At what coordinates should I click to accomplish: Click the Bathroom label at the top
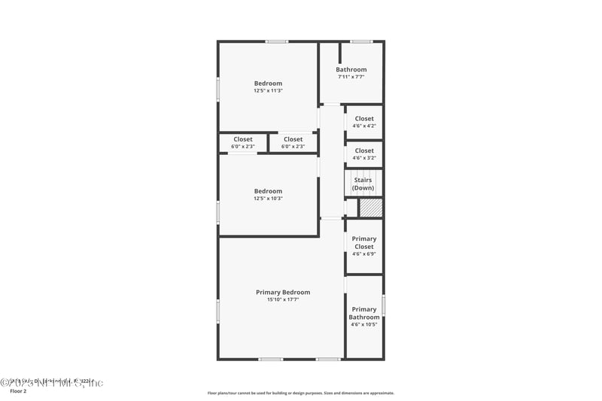point(351,70)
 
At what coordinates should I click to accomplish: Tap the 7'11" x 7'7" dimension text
point(351,77)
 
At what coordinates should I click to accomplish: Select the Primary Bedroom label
point(283,292)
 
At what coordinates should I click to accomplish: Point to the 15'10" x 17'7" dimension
point(283,299)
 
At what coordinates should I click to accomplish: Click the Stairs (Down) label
point(363,184)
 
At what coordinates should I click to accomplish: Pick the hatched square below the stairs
point(370,208)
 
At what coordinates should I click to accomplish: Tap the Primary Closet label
point(364,242)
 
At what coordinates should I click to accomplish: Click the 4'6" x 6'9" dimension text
point(364,254)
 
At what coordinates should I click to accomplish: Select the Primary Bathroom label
point(364,313)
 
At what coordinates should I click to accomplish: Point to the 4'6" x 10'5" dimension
point(364,324)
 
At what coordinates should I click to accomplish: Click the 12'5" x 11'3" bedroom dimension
point(268,90)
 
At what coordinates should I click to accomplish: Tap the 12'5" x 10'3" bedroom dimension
point(268,199)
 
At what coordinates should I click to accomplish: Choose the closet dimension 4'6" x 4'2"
point(364,126)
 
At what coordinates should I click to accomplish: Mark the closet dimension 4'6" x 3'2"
point(364,158)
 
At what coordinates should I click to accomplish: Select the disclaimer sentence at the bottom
point(301,393)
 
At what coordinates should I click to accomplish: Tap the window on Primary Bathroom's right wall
point(383,305)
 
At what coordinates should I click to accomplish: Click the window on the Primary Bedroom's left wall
point(218,311)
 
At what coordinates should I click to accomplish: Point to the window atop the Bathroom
point(361,41)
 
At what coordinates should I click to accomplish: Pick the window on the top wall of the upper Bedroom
point(276,41)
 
